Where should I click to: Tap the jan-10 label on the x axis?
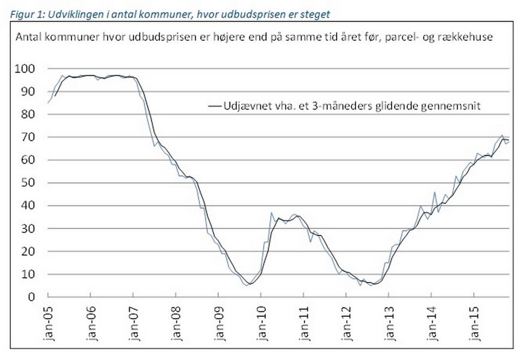(261, 325)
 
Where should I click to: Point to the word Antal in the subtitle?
(27, 38)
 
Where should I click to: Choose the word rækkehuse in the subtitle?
(470, 38)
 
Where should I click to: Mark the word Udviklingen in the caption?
(66, 14)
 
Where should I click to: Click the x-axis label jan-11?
(303, 325)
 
